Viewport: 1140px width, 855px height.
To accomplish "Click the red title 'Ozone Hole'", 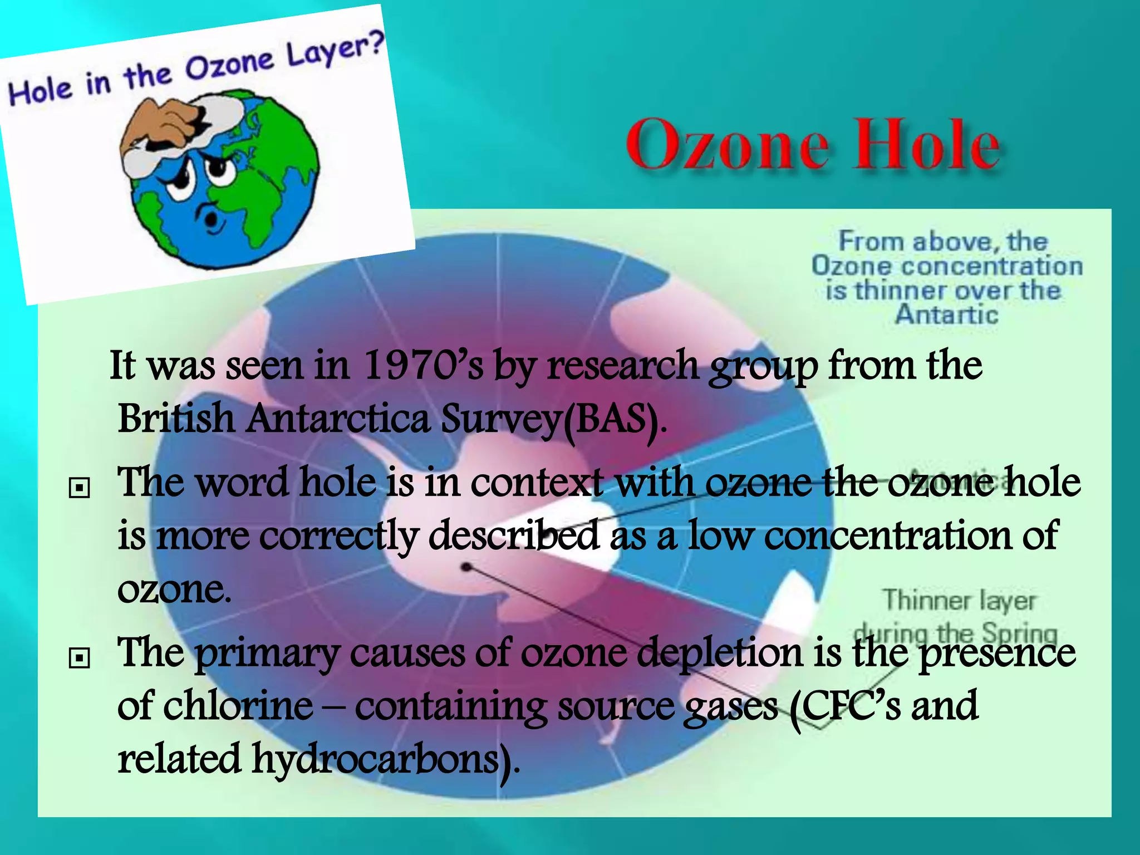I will coord(813,145).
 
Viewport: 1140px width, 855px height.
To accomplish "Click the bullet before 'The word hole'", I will coord(79,488).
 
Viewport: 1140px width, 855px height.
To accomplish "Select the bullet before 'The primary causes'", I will coord(79,658).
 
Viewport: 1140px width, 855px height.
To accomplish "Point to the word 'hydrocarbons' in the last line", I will coord(379,759).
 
